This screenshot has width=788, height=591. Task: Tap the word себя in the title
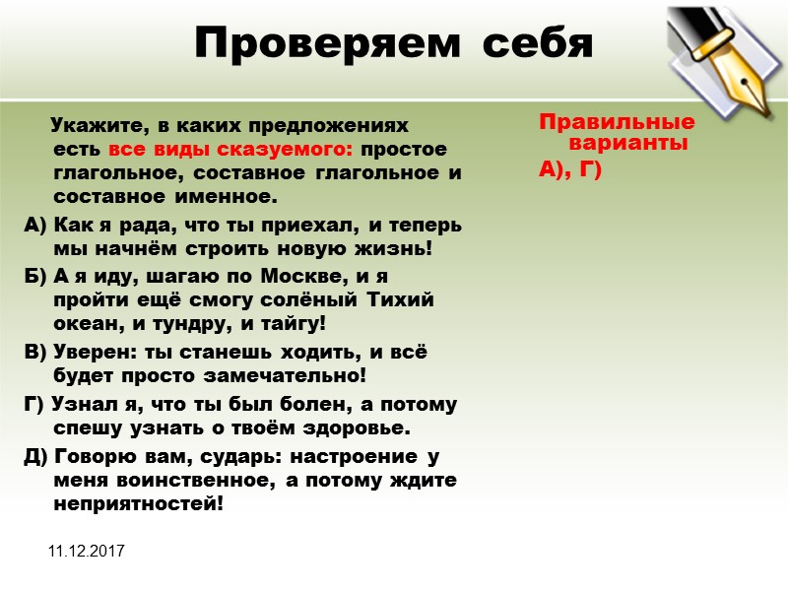click(531, 44)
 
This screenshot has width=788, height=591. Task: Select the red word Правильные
click(617, 124)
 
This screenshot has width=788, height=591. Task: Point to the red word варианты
click(628, 143)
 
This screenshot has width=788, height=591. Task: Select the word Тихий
click(400, 300)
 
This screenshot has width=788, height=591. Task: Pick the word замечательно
click(290, 375)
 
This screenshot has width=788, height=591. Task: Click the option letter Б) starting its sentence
click(33, 276)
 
